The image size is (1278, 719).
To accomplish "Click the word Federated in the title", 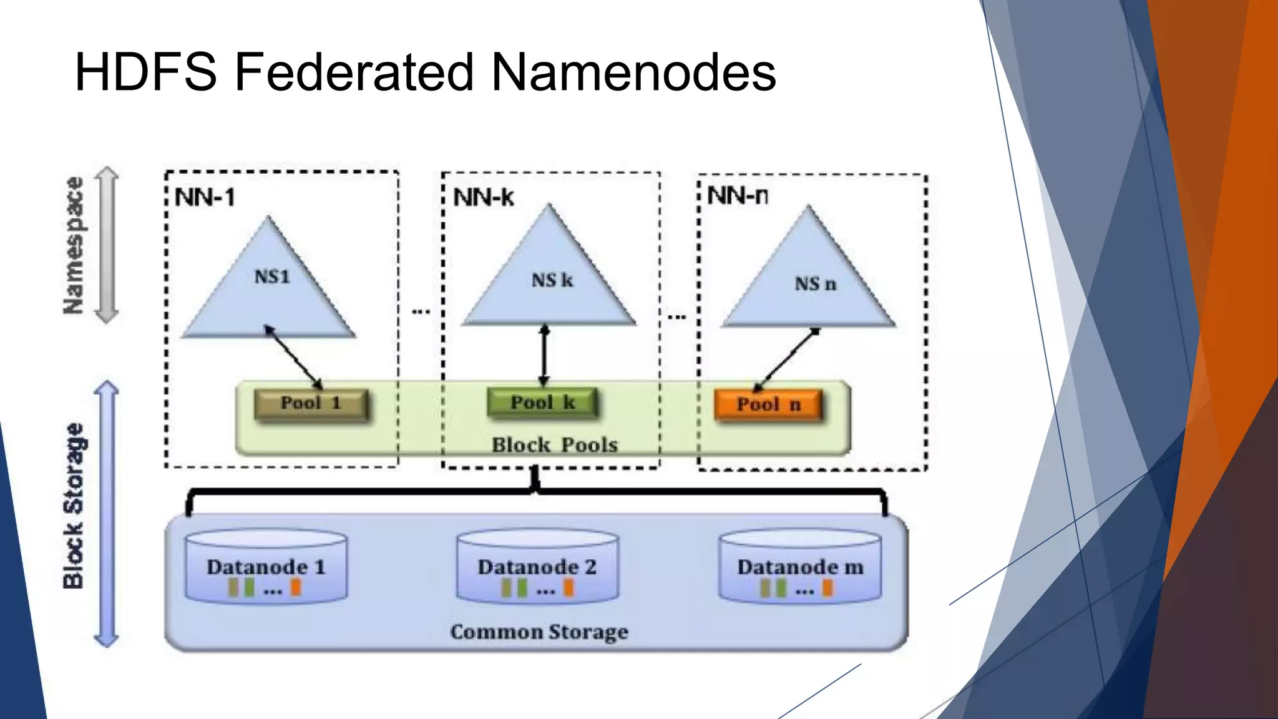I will pos(353,72).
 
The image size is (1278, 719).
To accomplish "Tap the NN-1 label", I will pos(205,198).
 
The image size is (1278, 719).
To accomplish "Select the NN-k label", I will pos(484,198).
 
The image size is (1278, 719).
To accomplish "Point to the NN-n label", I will pos(738,196).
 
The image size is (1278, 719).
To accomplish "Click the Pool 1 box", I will pos(311,404).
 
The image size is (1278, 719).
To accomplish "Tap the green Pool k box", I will pos(542,403).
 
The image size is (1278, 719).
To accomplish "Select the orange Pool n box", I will pos(768,405).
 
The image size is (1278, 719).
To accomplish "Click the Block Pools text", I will pos(554,445).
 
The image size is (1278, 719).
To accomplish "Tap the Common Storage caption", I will pos(539,632).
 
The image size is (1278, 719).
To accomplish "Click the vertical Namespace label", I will pos(74,245).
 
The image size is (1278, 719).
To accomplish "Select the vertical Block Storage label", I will pos(74,506).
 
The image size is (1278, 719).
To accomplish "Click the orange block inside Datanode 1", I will pos(296,587).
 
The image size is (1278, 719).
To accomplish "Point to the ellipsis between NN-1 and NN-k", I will pos(421,311).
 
